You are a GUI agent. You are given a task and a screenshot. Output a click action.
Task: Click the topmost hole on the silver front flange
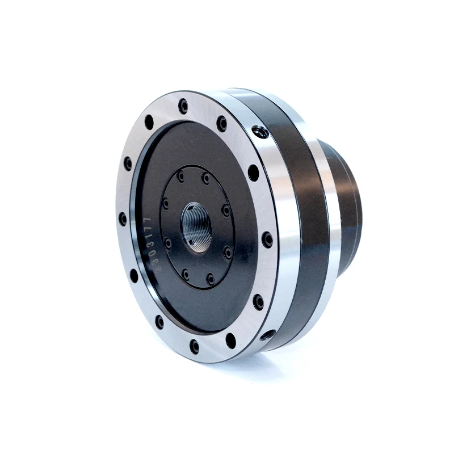click(183, 106)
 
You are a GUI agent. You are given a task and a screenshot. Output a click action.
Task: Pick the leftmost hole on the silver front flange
click(123, 218)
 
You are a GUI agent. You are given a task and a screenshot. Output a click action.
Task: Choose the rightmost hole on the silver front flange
click(267, 239)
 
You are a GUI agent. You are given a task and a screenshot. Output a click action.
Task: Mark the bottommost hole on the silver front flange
click(195, 346)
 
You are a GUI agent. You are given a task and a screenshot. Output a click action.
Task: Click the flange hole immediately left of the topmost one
click(149, 122)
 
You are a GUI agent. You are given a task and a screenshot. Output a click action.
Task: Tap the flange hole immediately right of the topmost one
click(222, 123)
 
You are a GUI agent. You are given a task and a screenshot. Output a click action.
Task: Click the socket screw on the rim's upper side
click(260, 132)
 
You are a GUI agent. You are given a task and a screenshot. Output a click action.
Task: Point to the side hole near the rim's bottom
click(267, 335)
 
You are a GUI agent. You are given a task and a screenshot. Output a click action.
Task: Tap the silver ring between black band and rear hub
click(333, 227)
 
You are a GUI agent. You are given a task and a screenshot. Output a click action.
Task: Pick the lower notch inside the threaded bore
click(193, 243)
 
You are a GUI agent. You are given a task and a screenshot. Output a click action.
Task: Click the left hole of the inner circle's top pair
click(181, 176)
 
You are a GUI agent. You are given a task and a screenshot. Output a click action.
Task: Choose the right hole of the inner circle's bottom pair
click(211, 279)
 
